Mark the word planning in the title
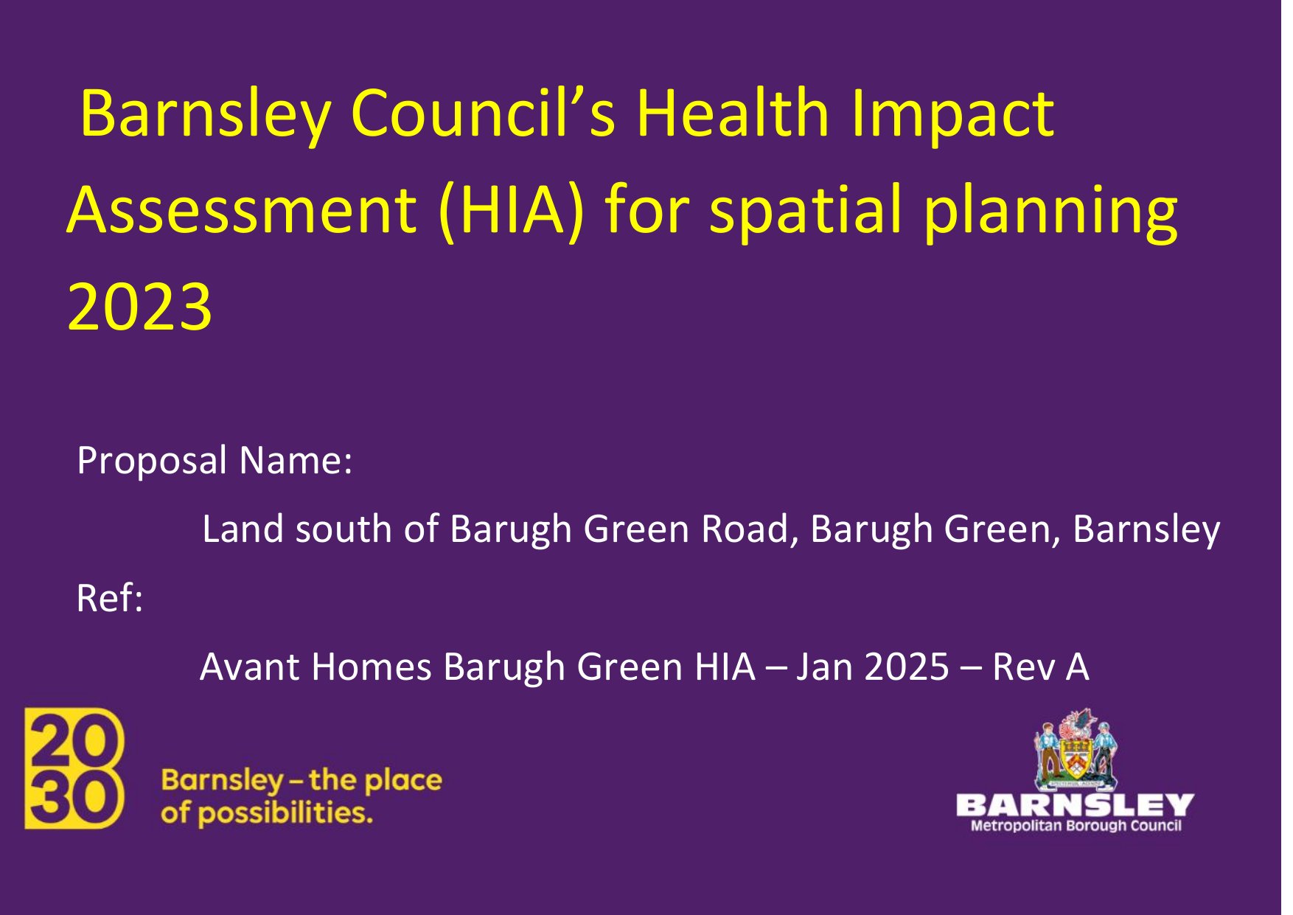pos(1050,212)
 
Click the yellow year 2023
pos(140,307)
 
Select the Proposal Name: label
pos(215,462)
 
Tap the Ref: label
pos(109,598)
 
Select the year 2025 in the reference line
pos(907,667)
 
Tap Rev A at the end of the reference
pos(1040,667)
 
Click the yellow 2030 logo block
pos(74,768)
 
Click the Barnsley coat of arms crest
pos(1076,749)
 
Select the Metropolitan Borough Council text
pos(1076,826)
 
